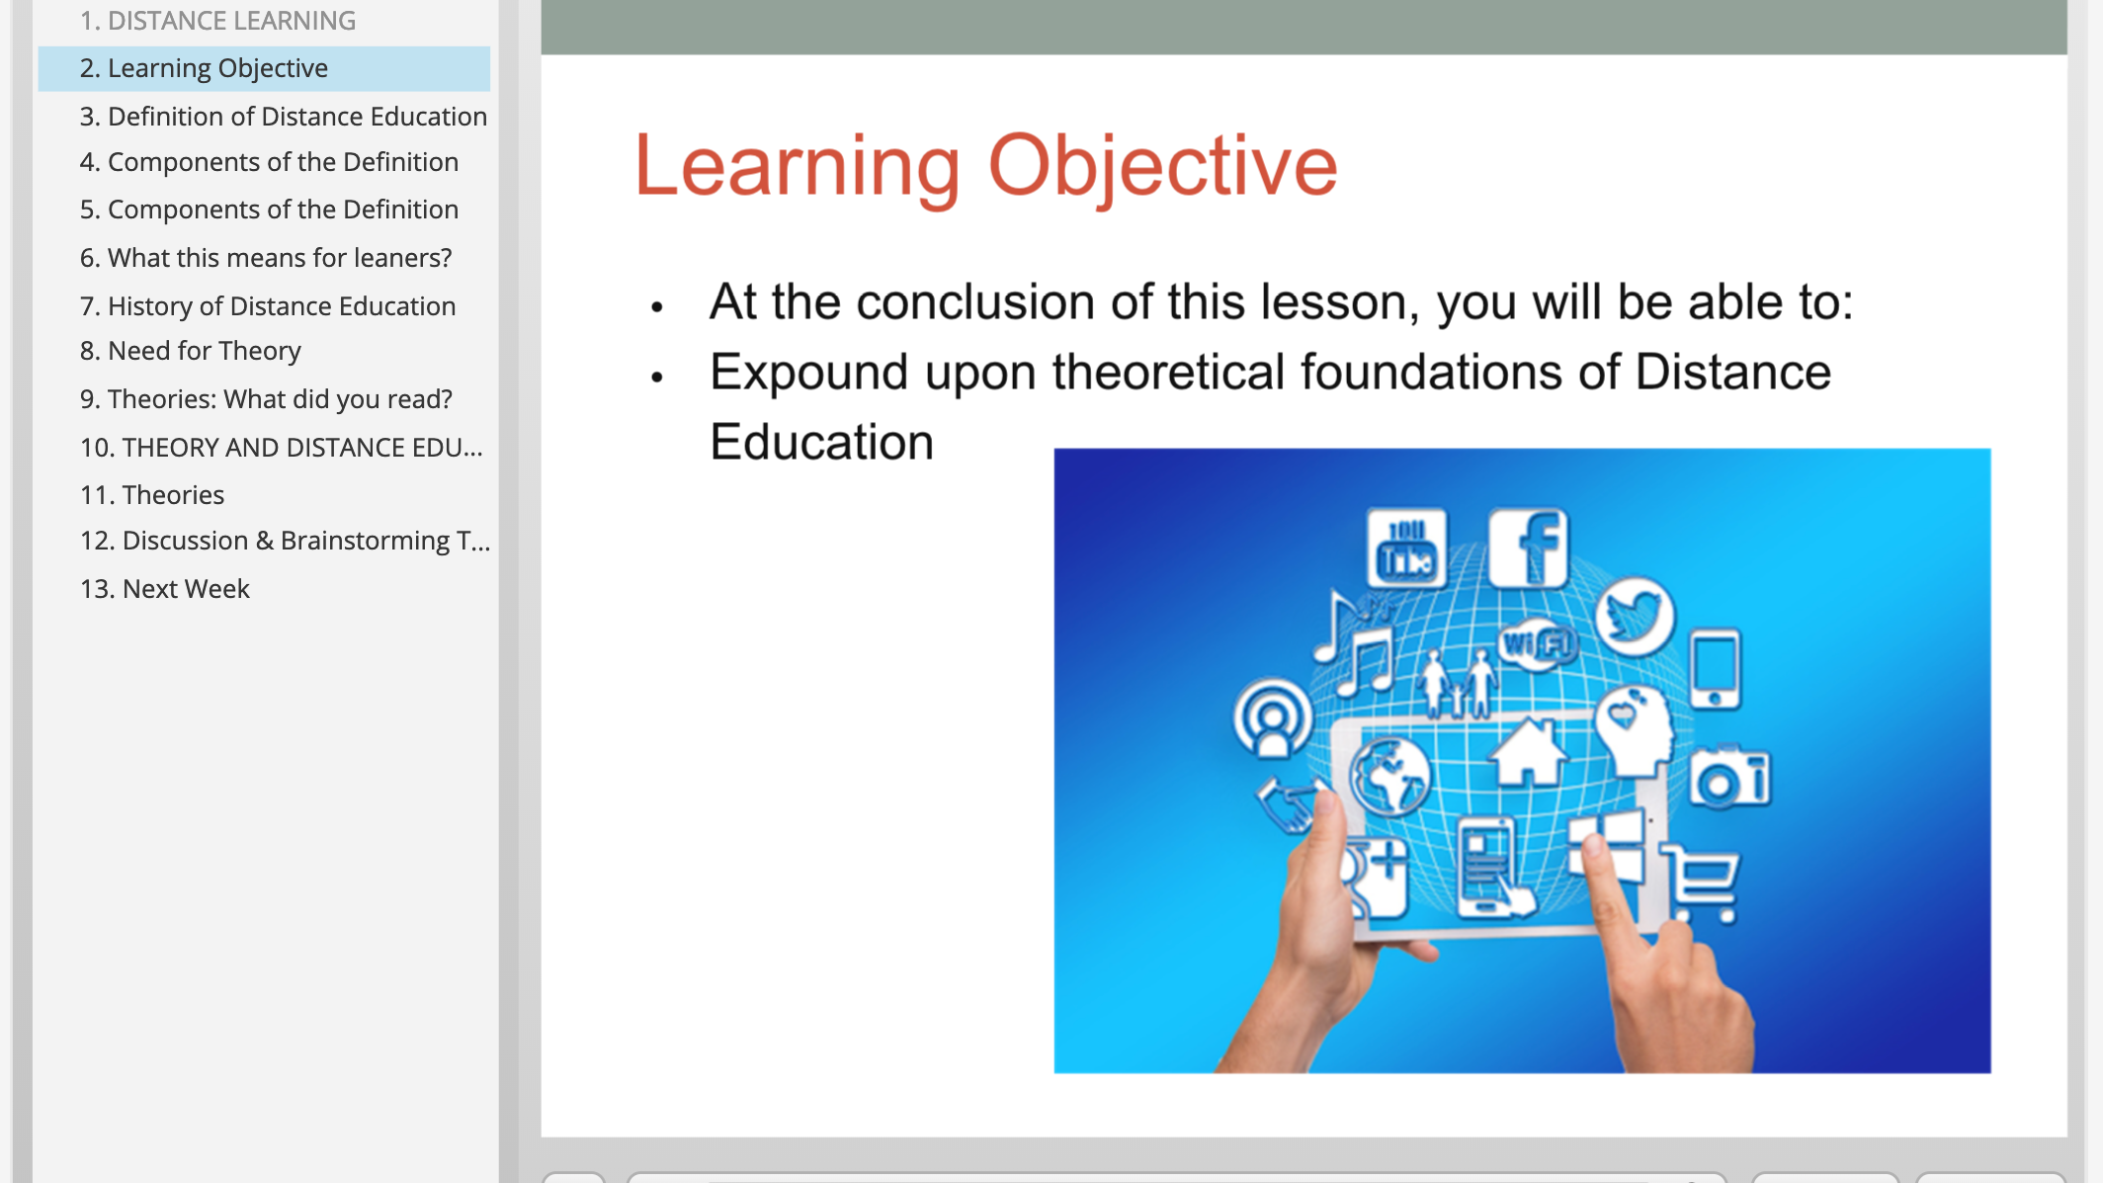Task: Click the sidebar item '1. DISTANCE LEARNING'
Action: (x=217, y=21)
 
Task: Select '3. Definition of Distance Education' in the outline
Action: (x=284, y=117)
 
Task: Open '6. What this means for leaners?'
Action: (x=266, y=258)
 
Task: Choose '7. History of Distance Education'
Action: (x=268, y=306)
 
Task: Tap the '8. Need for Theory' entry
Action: (x=191, y=351)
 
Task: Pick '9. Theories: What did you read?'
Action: (x=266, y=399)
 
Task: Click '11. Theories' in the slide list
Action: (x=152, y=495)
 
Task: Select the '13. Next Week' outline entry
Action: (x=165, y=589)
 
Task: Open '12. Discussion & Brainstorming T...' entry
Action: (x=285, y=541)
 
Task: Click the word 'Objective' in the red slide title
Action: (x=1162, y=168)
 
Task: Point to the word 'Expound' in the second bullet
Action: (x=808, y=374)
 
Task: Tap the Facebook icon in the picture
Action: (x=1528, y=549)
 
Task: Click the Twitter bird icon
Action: (x=1635, y=617)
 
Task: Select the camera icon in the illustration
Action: (x=1729, y=778)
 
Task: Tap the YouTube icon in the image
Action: (x=1406, y=549)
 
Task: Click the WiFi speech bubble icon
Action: (x=1537, y=646)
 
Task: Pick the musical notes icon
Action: (x=1354, y=643)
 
